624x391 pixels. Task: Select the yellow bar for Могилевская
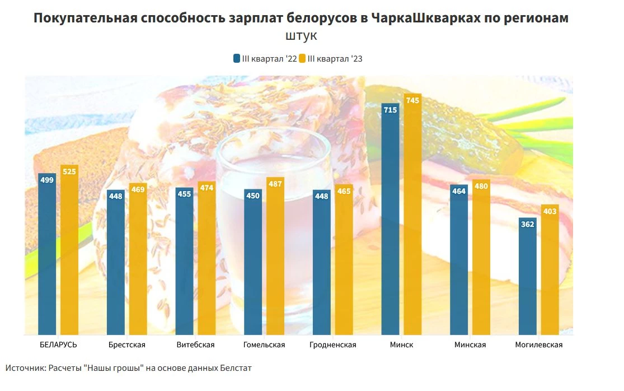[x=550, y=274]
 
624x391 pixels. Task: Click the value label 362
[x=527, y=224]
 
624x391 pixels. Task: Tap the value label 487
[x=275, y=184]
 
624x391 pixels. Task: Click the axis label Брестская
[x=127, y=345]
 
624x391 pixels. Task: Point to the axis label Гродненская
[x=332, y=345]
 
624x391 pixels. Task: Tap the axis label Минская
[x=470, y=345]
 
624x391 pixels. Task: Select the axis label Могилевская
[x=538, y=345]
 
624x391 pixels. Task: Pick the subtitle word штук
[x=301, y=36]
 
